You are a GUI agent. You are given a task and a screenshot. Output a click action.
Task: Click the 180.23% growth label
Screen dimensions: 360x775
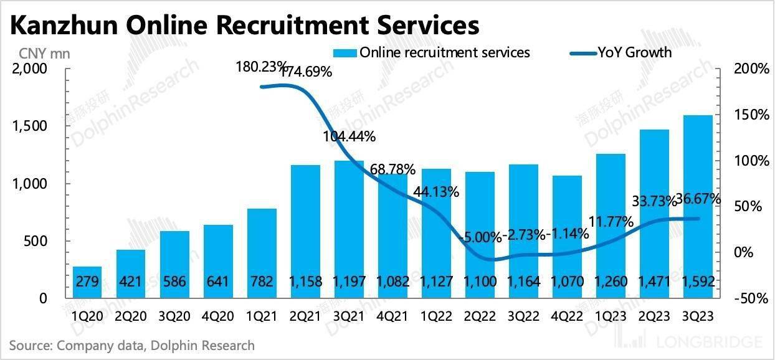coord(262,66)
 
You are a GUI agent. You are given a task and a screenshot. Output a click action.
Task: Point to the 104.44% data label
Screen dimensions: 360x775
coord(349,136)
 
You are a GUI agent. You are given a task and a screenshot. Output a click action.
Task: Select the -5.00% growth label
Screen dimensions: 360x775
coord(479,237)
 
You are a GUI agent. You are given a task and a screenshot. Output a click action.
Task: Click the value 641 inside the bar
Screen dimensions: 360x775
coord(218,282)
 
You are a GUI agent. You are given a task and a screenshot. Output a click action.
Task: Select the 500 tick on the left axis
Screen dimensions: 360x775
coord(36,241)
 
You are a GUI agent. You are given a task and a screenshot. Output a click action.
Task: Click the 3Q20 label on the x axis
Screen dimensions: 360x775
coord(174,316)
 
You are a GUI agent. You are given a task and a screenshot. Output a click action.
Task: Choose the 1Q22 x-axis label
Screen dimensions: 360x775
coord(436,316)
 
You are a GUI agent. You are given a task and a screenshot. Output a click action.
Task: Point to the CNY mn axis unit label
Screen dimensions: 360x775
coord(40,54)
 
